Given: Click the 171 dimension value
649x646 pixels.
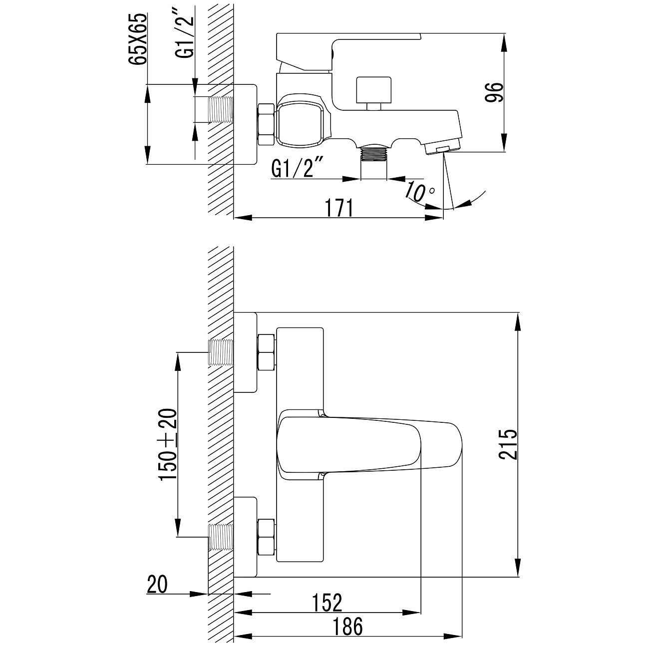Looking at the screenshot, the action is click(339, 208).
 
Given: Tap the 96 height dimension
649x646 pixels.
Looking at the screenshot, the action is click(494, 92).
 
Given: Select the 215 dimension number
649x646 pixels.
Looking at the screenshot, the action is click(508, 444).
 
